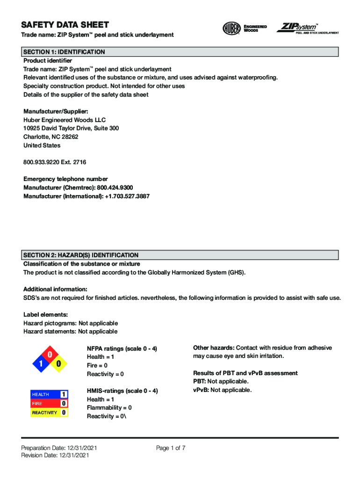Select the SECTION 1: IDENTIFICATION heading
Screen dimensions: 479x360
[64, 52]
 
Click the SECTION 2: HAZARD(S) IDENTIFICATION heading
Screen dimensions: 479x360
[81, 255]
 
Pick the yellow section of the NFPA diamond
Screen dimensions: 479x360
[59, 364]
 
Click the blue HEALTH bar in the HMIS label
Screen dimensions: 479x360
[45, 394]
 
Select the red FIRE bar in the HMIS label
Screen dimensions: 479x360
[45, 403]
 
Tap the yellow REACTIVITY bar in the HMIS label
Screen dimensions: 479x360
[45, 413]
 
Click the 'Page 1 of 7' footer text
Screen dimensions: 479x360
[171, 448]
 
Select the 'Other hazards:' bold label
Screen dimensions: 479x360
[214, 348]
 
